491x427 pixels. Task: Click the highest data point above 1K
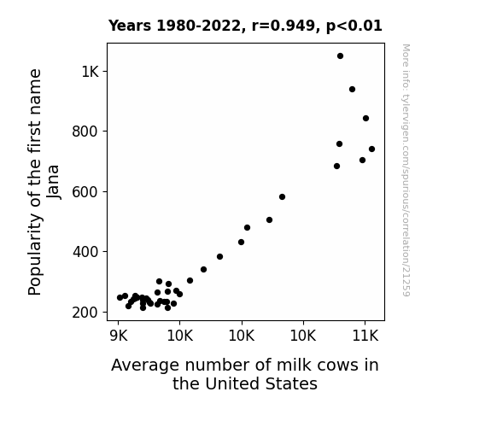[340, 56]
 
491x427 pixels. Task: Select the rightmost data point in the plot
[371, 149]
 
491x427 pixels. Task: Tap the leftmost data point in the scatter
[120, 297]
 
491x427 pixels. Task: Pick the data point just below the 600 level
[282, 197]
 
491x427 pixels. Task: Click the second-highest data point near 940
[352, 90]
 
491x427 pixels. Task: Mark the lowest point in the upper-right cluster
[336, 167]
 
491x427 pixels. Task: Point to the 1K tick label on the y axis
[91, 72]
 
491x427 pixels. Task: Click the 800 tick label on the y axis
[85, 132]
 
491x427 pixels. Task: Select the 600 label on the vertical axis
[85, 192]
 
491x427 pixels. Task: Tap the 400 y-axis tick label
[85, 252]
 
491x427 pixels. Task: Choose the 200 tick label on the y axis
[85, 313]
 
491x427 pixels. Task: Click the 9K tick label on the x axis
[119, 336]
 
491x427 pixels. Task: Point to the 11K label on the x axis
[365, 336]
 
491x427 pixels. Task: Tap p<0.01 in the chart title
[354, 26]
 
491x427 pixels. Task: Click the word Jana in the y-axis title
[53, 182]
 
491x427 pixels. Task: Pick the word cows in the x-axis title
[337, 366]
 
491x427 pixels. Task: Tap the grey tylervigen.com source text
[406, 170]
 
